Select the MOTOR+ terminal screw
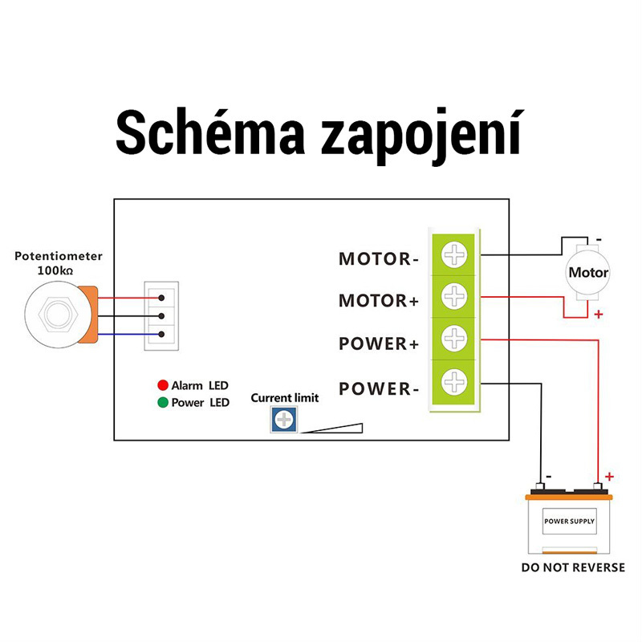click(x=455, y=296)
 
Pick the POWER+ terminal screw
click(x=455, y=339)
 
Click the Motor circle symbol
click(x=588, y=272)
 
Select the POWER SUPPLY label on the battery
click(x=570, y=522)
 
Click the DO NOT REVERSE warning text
click(x=572, y=567)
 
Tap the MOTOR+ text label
click(x=379, y=301)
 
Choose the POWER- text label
click(x=379, y=390)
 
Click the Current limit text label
click(x=285, y=398)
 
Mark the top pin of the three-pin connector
click(x=161, y=297)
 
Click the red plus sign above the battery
click(x=609, y=476)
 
